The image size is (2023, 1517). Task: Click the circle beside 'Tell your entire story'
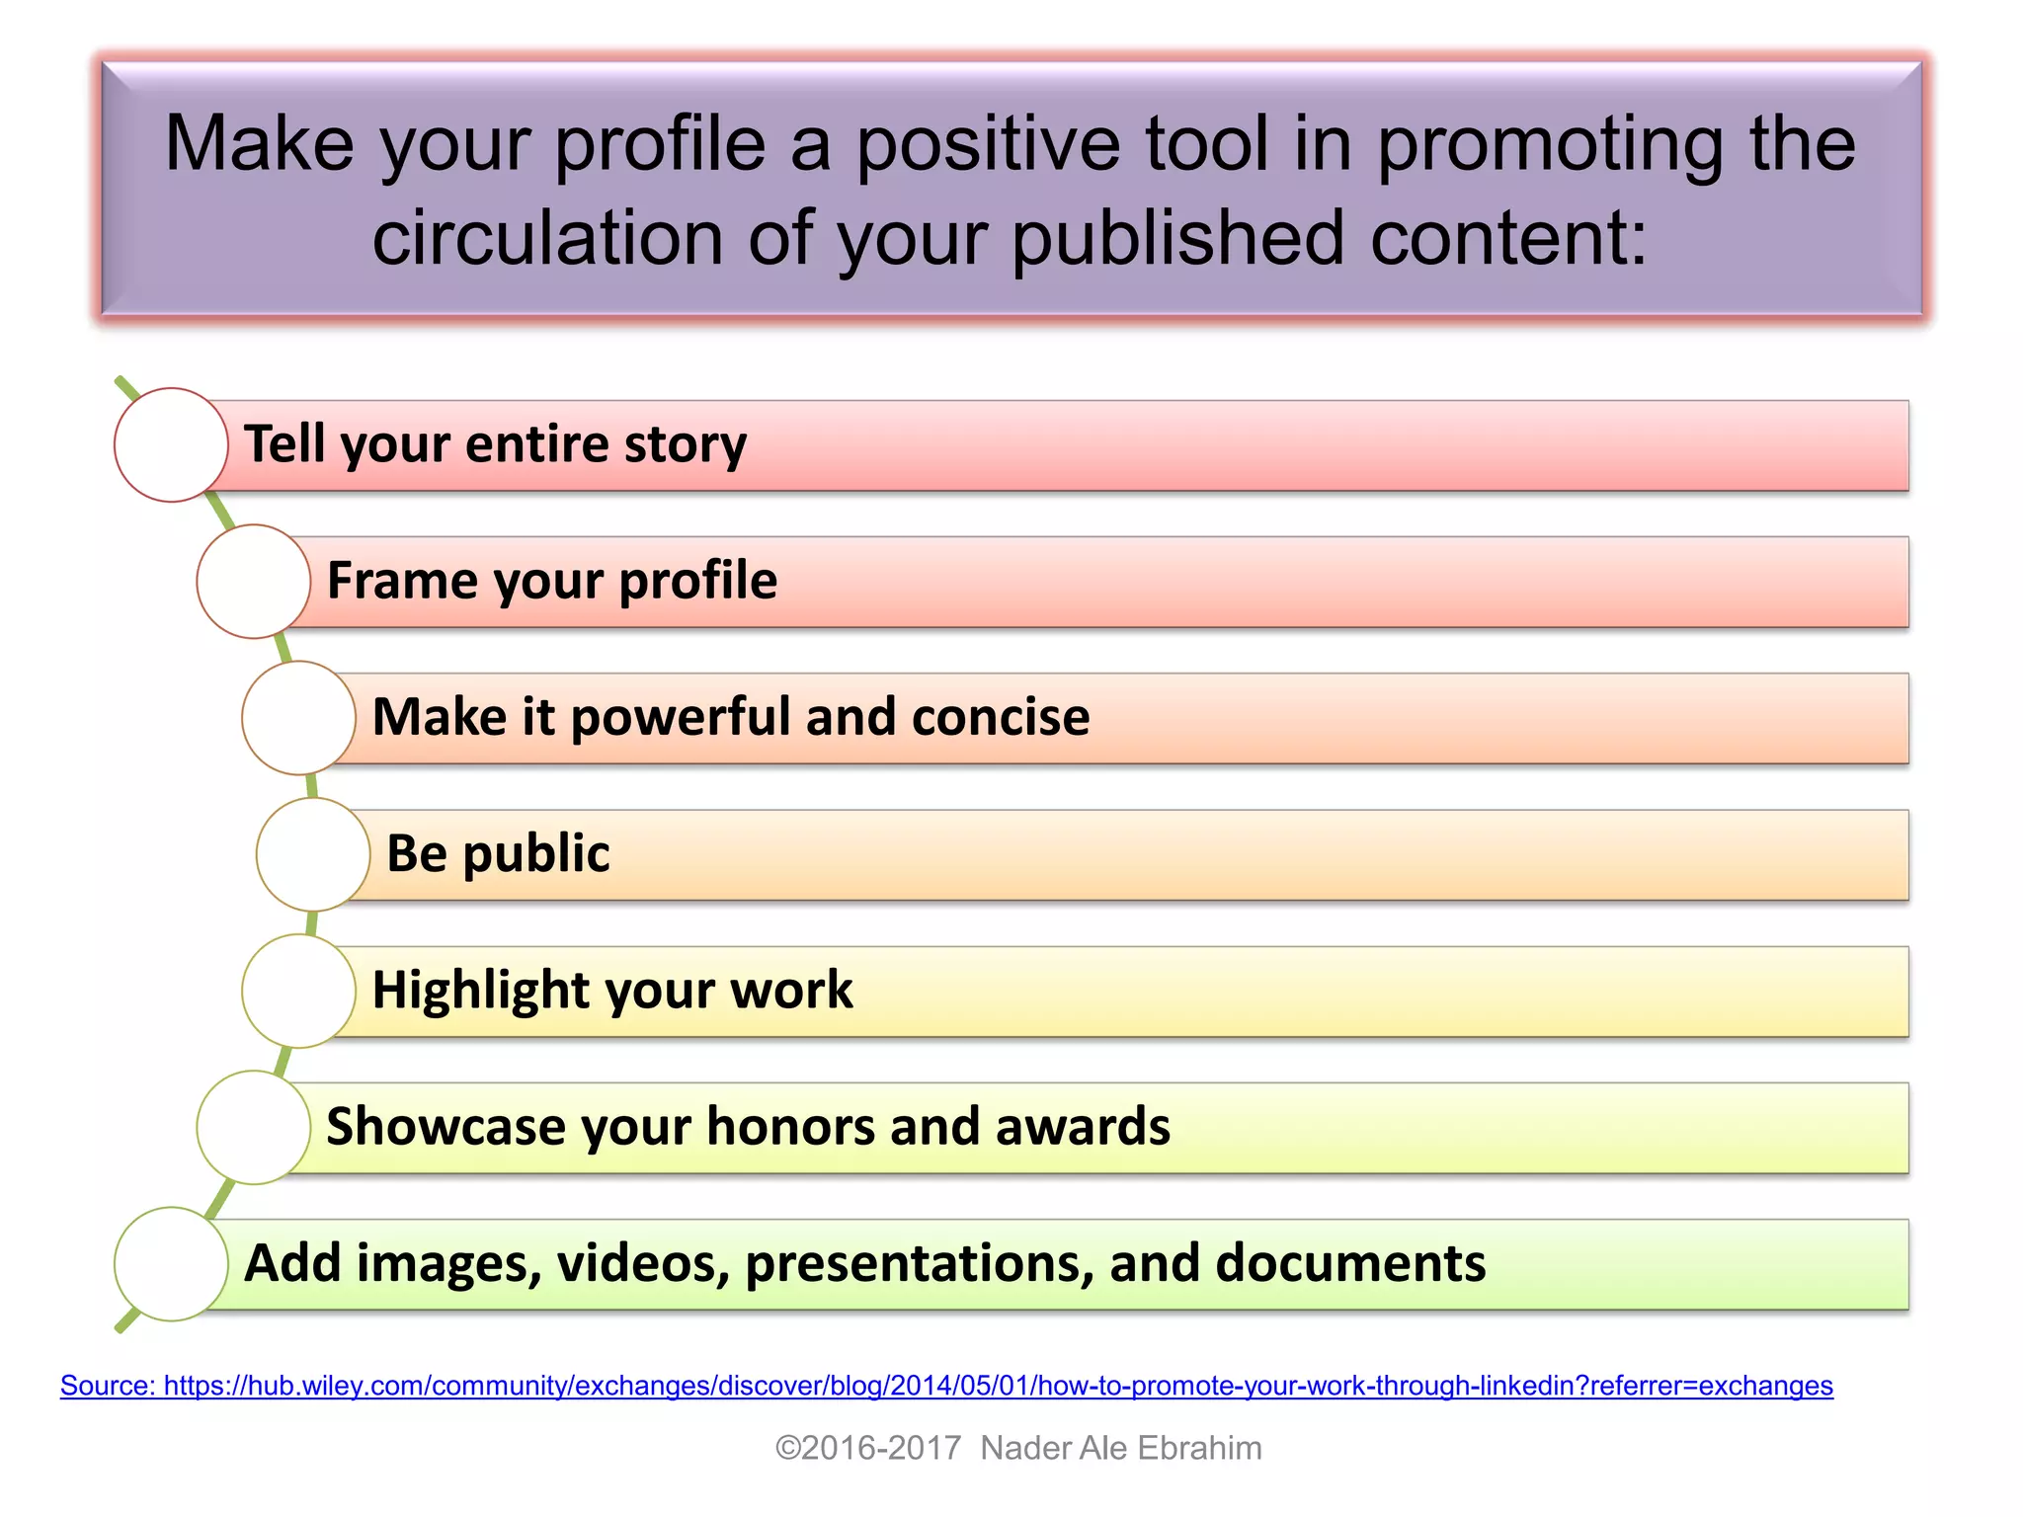(x=171, y=444)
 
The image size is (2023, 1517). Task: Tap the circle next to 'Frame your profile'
(x=254, y=581)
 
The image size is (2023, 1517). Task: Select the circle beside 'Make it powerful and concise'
(x=298, y=717)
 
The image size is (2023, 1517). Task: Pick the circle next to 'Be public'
(x=313, y=854)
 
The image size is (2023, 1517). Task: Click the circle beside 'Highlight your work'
(x=298, y=991)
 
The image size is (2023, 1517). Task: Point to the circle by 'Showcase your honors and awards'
(x=254, y=1127)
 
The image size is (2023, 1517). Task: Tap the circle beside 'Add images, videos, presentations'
(x=171, y=1263)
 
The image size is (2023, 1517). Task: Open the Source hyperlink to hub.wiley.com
(x=946, y=1386)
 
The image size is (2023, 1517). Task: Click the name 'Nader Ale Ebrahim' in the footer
(x=1121, y=1448)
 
